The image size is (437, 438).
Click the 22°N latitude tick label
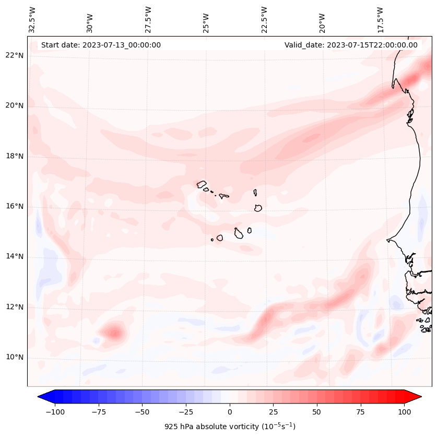pyautogui.click(x=15, y=55)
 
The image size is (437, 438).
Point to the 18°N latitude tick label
pyautogui.click(x=15, y=156)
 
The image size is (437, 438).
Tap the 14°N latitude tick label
pyautogui.click(x=15, y=256)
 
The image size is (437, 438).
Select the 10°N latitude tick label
pyautogui.click(x=15, y=357)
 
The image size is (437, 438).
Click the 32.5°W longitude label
pyautogui.click(x=32, y=19)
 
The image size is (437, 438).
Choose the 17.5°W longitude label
pyautogui.click(x=380, y=19)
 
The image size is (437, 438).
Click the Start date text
pyautogui.click(x=101, y=45)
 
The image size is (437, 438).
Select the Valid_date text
pyautogui.click(x=351, y=45)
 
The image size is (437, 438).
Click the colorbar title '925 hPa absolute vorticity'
pyautogui.click(x=230, y=427)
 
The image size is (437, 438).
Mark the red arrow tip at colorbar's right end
pyautogui.click(x=420, y=397)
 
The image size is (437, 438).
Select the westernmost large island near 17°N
pyautogui.click(x=202, y=184)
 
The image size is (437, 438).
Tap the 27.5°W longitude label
pyautogui.click(x=148, y=19)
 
